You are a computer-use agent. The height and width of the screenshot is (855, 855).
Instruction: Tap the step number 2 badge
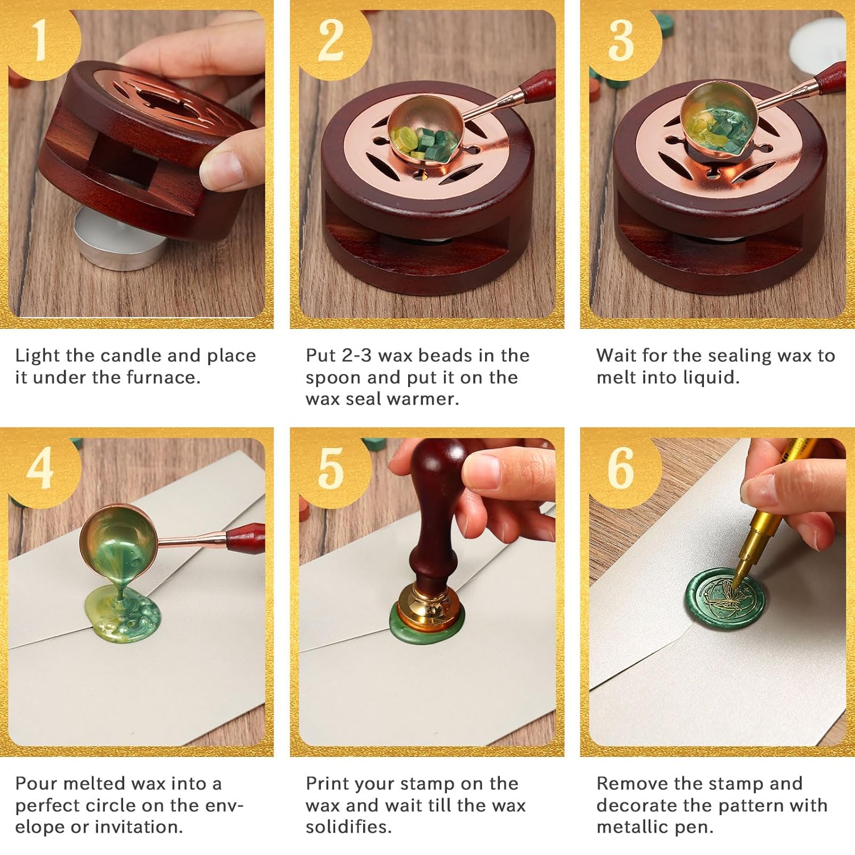point(333,41)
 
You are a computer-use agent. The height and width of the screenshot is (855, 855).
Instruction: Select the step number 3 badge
point(622,41)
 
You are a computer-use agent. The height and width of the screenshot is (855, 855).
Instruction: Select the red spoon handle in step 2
point(536,85)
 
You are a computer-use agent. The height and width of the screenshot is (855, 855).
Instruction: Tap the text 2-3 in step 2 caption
point(356,356)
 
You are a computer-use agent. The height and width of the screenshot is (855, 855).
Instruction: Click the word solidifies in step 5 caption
point(349,826)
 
